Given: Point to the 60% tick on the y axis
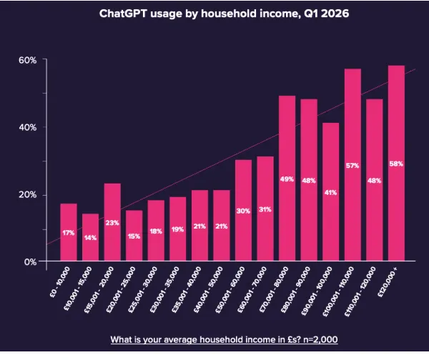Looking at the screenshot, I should click(x=27, y=60).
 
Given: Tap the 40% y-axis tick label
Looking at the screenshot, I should click(x=27, y=127).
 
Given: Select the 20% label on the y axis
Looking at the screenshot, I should click(x=27, y=195).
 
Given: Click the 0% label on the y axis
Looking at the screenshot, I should click(x=29, y=262).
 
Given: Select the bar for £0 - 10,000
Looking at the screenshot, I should click(x=69, y=233).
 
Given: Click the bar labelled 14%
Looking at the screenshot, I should click(x=90, y=238).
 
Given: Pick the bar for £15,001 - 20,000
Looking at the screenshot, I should click(x=112, y=223).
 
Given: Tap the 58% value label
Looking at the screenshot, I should click(x=395, y=164).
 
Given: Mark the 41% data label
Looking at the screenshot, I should click(x=330, y=192).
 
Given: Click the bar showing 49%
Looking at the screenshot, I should click(x=287, y=179).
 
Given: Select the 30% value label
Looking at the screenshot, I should click(x=243, y=211).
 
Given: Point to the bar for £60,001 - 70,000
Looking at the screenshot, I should click(x=265, y=209).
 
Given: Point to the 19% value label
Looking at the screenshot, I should click(x=177, y=229).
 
